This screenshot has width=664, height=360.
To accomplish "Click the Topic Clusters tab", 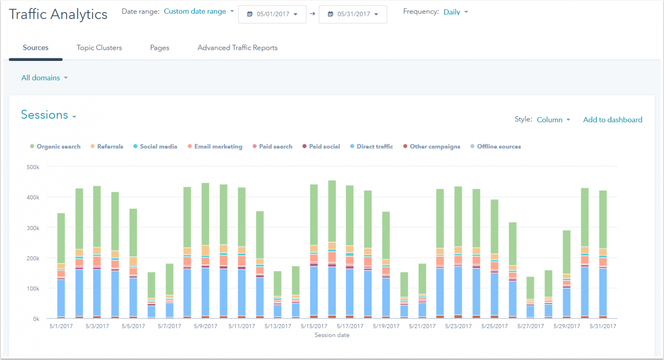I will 99,48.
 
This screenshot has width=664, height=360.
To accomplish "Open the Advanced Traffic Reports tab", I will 237,48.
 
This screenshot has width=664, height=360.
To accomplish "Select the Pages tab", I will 160,48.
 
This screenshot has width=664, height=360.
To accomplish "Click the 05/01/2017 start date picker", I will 272,14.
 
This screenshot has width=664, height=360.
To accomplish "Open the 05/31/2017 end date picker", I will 353,14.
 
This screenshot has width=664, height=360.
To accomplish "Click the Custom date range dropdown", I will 198,12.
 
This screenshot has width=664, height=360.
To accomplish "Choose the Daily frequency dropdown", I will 455,12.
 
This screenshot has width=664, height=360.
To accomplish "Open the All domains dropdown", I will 44,78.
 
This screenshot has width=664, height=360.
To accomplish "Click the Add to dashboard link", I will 613,120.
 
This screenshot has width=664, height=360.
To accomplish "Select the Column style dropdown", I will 553,120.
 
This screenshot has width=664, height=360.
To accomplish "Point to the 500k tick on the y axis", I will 33,167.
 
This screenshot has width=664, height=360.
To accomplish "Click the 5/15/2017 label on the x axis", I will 314,326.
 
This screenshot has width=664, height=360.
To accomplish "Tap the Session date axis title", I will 332,335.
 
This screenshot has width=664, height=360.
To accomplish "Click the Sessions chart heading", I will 45,115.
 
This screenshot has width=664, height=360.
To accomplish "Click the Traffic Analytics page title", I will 58,14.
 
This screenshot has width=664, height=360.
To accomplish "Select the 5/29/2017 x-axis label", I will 566,326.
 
